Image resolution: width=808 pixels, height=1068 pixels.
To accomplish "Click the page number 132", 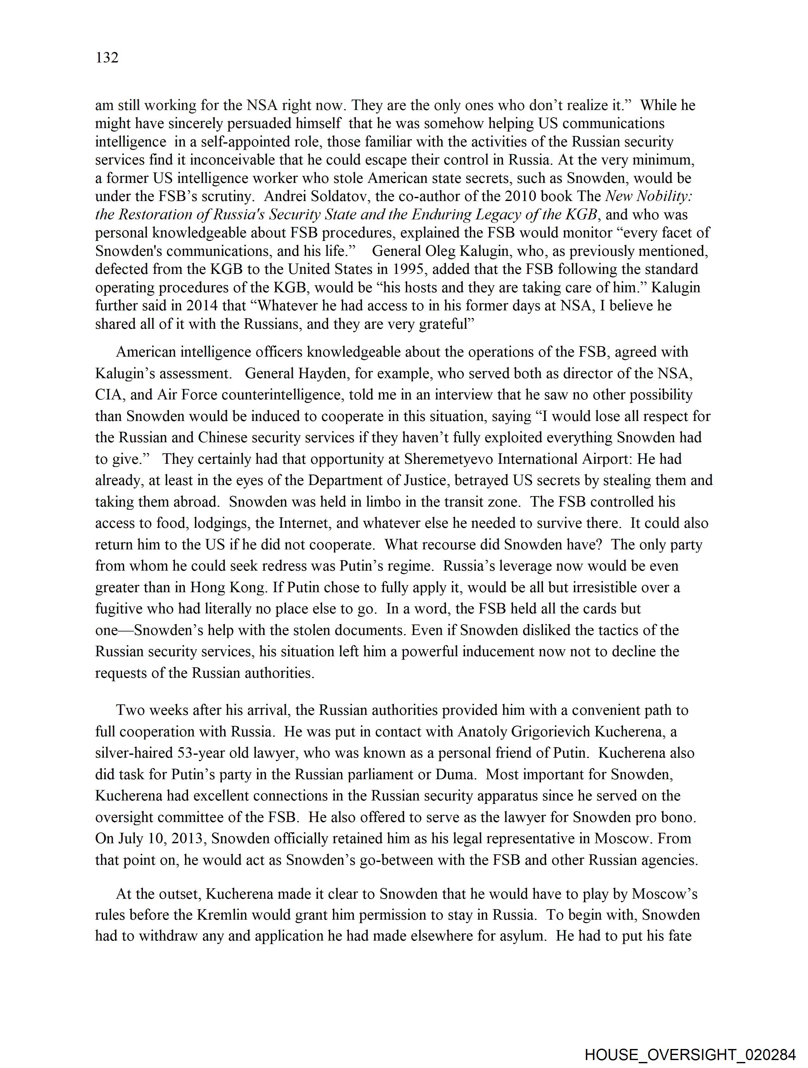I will (107, 58).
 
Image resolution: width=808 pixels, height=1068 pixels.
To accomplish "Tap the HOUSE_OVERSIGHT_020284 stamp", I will (690, 1054).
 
